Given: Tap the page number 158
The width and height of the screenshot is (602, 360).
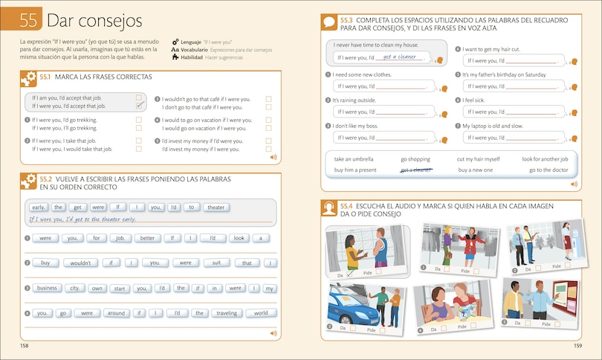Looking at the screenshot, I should coord(25,346).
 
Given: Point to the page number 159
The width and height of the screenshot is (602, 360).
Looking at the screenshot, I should coord(577,346).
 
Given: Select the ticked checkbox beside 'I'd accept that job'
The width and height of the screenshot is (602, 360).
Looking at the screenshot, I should coord(139,106).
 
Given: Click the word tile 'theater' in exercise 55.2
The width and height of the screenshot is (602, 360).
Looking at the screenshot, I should coord(215,208).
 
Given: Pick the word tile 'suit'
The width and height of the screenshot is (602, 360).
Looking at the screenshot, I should coord(216,263).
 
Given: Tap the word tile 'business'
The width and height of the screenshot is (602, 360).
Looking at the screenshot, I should coord(47,288).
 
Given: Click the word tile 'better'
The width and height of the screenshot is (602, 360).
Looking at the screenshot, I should coord(146,238).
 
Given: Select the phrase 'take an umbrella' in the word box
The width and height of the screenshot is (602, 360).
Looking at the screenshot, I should coord(354,159).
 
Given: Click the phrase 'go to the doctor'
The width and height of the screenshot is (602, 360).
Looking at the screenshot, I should coord(548,170).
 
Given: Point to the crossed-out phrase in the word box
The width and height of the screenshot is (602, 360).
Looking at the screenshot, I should coord(416,170).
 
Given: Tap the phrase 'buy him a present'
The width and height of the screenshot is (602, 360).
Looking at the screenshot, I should coord(355,170).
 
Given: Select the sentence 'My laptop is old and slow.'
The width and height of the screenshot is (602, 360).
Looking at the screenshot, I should coord(493,126).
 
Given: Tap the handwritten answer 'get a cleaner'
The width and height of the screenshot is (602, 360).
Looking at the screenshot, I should coord(400,57).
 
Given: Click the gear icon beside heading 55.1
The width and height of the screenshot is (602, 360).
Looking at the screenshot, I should coord(29,77).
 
